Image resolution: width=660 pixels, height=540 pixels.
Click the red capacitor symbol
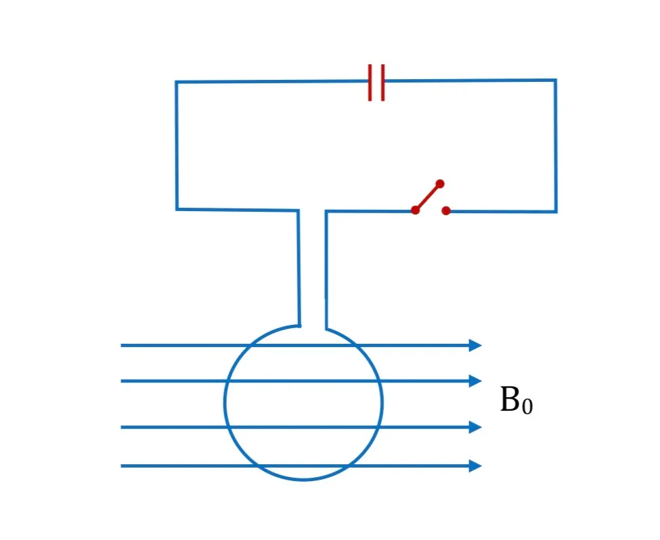(x=376, y=83)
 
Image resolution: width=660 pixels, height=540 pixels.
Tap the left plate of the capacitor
(x=370, y=83)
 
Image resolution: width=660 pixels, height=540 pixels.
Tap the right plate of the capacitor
(x=382, y=83)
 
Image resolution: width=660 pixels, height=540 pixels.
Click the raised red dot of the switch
(x=440, y=184)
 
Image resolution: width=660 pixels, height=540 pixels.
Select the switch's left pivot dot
(x=415, y=210)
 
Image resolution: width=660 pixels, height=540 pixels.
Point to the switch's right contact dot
(x=446, y=210)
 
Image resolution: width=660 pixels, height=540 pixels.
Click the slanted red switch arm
(x=428, y=197)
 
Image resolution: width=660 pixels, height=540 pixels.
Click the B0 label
(x=516, y=400)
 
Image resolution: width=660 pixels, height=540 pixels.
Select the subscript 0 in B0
(x=527, y=406)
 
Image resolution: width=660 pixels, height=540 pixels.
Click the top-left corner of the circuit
(x=177, y=83)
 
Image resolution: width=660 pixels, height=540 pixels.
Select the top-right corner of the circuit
(x=556, y=80)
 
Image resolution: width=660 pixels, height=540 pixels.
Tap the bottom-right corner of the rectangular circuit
(x=556, y=211)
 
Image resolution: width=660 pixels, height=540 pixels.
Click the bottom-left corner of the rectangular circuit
(x=177, y=209)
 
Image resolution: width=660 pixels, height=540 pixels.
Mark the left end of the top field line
(x=121, y=345)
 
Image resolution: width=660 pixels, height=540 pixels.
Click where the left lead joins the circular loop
(x=299, y=325)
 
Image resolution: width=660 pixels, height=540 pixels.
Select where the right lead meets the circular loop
(x=326, y=329)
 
